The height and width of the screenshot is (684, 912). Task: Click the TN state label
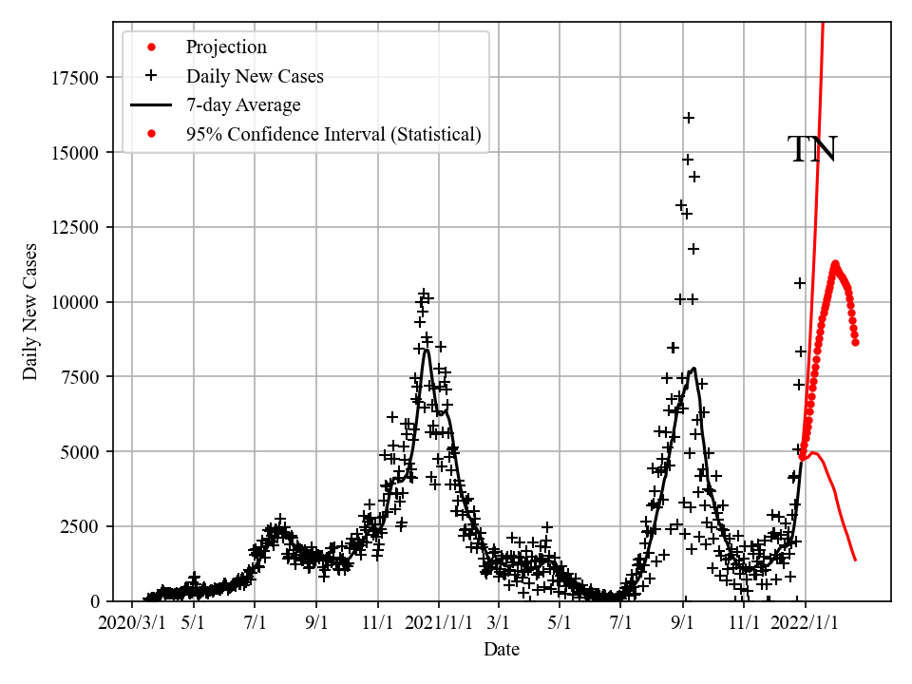click(812, 150)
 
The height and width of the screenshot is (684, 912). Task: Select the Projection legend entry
click(226, 47)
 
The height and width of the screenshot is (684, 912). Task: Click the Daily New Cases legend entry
click(255, 76)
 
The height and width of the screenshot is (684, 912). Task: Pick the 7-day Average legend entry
click(243, 105)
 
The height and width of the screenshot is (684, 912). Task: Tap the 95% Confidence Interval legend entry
click(333, 135)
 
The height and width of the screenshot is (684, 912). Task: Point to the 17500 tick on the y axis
click(75, 78)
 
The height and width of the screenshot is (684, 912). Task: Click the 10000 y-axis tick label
click(75, 302)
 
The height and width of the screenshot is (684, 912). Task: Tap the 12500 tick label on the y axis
click(75, 227)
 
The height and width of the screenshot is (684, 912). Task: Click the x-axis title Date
click(502, 650)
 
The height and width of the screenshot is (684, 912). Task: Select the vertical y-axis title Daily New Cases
click(31, 312)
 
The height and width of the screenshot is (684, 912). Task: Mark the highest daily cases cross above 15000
click(689, 118)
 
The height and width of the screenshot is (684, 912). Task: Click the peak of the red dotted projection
click(835, 264)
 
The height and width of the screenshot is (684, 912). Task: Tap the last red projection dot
click(856, 342)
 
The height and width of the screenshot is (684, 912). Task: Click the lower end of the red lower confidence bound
click(856, 560)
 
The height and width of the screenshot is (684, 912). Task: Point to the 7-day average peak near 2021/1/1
click(427, 350)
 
